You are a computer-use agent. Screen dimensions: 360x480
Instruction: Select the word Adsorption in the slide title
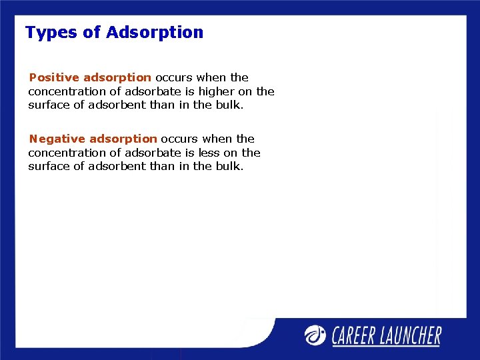coord(155,33)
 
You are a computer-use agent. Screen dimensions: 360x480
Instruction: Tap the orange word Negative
coord(57,139)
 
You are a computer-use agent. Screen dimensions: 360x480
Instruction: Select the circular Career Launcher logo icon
coord(316,335)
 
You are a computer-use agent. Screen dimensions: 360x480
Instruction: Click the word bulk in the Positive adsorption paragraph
coord(229,105)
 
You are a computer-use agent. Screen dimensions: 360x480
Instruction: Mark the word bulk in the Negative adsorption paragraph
coord(229,166)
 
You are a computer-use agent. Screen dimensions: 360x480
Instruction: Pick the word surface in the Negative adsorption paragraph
coord(48,166)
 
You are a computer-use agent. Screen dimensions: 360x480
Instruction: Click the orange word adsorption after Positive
coord(117,77)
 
